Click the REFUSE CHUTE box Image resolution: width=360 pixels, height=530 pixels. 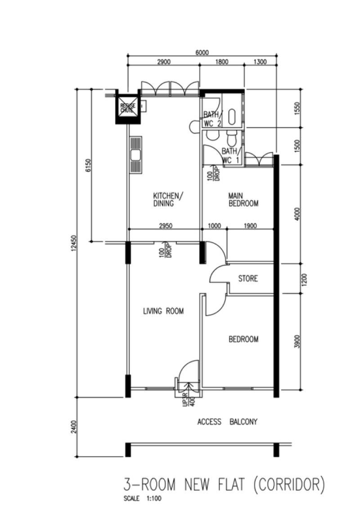[128, 108]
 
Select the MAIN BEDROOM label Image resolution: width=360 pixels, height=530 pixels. [243, 199]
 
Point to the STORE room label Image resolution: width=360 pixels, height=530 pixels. [248, 279]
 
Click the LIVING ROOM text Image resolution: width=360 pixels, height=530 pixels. [163, 311]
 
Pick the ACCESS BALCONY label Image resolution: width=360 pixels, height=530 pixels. [227, 422]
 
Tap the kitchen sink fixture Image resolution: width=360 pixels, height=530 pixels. [135, 155]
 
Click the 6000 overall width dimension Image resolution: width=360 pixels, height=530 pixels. [202, 52]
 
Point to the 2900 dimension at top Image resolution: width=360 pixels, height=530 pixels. [164, 62]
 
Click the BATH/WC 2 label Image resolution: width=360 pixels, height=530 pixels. [211, 119]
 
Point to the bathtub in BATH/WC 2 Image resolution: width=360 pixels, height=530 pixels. [232, 117]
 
